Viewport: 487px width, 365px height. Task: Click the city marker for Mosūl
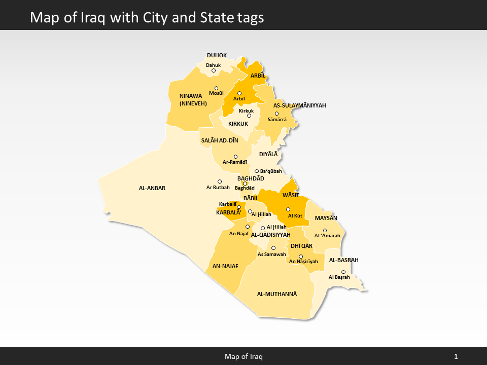(216, 88)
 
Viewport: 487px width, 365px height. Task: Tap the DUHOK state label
(217, 55)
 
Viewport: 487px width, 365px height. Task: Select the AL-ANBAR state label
(152, 188)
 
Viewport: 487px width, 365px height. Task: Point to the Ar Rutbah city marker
(220, 181)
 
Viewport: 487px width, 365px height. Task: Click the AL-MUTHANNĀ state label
(276, 294)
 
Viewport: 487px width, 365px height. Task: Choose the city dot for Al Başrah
(343, 272)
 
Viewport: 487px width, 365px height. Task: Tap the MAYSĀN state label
(326, 218)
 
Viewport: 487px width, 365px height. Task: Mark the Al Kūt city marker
(288, 209)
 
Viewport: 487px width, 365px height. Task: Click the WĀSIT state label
(291, 195)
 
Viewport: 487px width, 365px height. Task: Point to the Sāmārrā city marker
(276, 114)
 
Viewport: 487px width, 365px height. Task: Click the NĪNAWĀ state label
(191, 95)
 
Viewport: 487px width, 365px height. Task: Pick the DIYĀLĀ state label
(268, 154)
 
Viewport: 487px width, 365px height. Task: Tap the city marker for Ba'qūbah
(257, 171)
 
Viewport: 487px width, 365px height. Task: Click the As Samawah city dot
(273, 248)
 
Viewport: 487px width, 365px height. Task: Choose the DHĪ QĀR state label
(301, 246)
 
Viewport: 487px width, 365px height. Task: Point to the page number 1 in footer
(456, 356)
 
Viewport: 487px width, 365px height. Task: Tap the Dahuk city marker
(214, 70)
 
